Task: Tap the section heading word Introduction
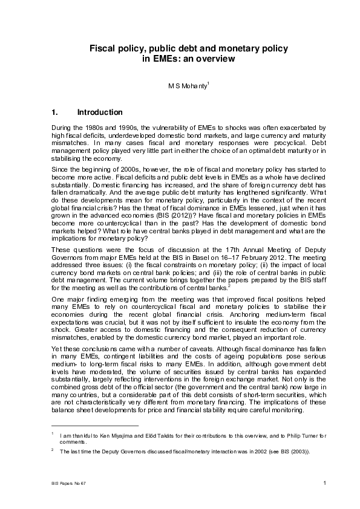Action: [x=100, y=112]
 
